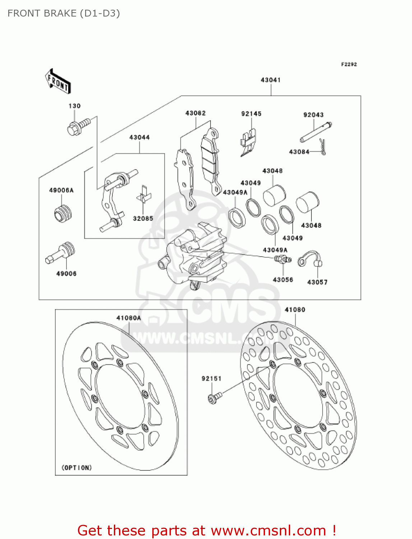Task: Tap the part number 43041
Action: (270, 80)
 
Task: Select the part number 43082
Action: (195, 113)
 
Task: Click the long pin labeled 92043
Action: (316, 133)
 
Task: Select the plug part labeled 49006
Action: (61, 253)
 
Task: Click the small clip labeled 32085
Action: (144, 195)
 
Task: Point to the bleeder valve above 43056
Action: (283, 259)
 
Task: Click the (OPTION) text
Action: (77, 467)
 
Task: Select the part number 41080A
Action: (129, 318)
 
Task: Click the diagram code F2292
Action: (349, 64)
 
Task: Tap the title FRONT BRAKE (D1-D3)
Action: (64, 13)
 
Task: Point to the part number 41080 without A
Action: (295, 310)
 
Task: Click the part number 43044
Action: (139, 137)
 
